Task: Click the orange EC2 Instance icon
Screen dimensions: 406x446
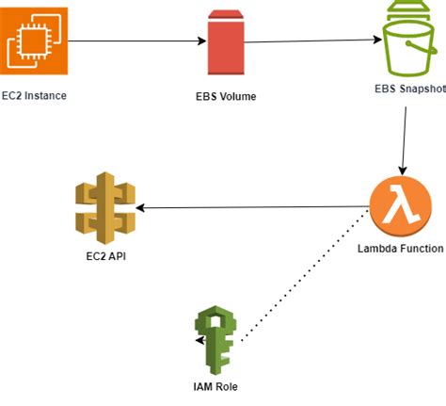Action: click(x=36, y=41)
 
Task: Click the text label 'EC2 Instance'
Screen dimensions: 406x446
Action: click(x=36, y=96)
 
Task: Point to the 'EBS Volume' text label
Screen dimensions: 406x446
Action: click(x=225, y=97)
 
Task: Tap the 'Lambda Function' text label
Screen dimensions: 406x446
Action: click(x=400, y=250)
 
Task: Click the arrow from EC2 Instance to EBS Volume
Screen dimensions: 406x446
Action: click(x=136, y=41)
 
